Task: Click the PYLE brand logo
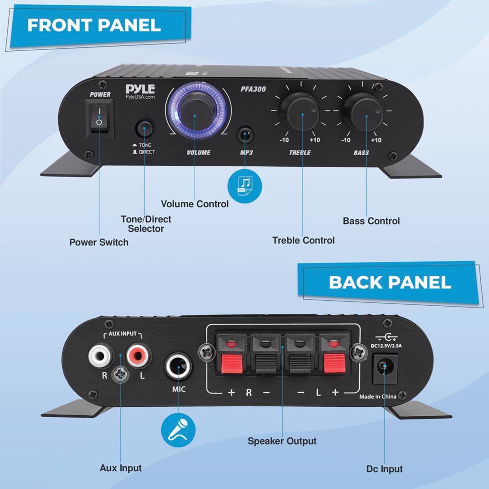tap(140, 89)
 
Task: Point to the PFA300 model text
tap(253, 89)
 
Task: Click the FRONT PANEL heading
tap(94, 25)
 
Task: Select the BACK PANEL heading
tap(390, 282)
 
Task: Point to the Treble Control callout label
tap(303, 240)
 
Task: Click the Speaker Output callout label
tap(282, 441)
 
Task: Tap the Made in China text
tap(378, 397)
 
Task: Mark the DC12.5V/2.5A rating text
tap(386, 346)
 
